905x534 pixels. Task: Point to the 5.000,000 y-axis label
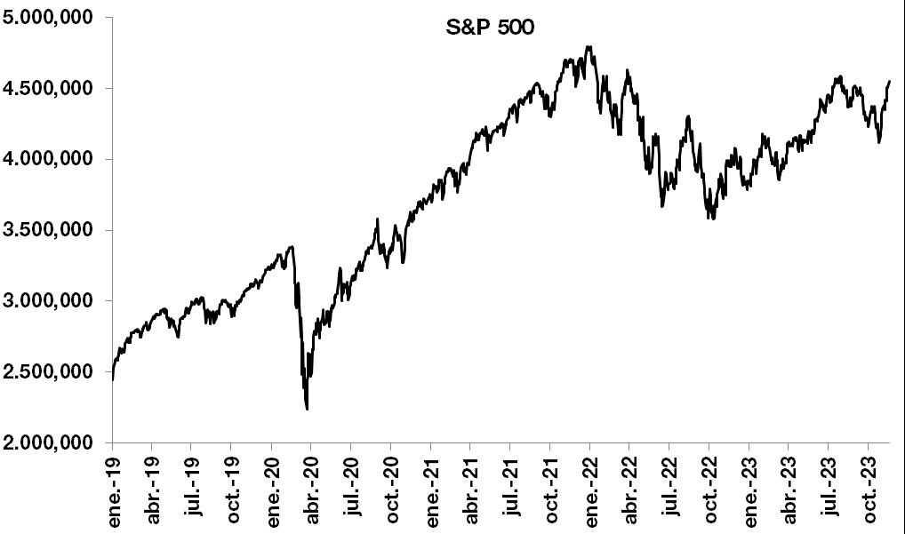52,18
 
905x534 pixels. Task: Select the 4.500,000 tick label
52,88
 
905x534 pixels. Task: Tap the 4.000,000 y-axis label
52,159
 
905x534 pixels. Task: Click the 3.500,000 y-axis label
52,230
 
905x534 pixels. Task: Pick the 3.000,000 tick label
52,300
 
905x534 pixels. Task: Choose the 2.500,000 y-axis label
52,371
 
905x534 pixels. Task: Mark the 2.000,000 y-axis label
52,442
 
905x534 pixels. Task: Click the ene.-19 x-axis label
114,488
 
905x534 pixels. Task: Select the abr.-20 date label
312,488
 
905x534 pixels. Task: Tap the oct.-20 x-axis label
392,488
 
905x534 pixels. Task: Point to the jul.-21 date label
511,488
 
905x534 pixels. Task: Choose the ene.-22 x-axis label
590,488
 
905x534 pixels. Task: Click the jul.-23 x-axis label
829,488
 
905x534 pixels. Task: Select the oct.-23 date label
869,488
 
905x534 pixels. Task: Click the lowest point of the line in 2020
307,409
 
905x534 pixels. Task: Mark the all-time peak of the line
589,46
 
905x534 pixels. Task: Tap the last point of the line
889,81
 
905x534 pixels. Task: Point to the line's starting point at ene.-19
113,379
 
